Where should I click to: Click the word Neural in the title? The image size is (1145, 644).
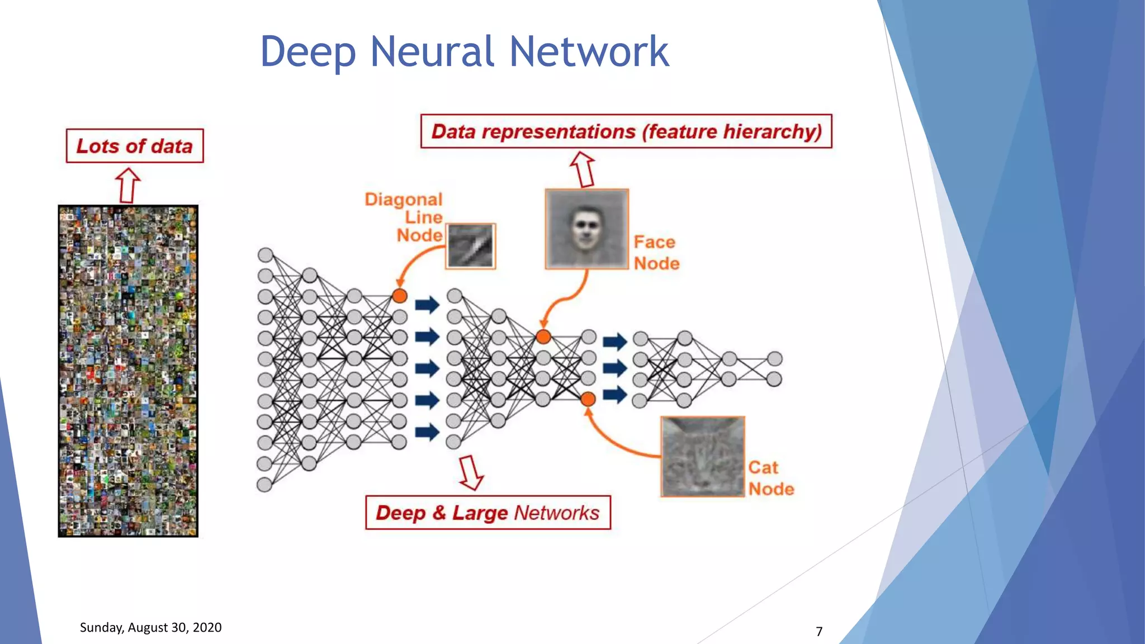click(x=432, y=51)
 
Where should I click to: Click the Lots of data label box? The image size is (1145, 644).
click(x=135, y=146)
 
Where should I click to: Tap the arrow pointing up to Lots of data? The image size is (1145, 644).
click(x=127, y=186)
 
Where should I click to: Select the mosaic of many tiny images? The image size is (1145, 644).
click(x=128, y=371)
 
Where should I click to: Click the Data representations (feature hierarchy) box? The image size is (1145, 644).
click(x=626, y=131)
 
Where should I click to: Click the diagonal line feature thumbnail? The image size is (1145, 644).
click(x=471, y=246)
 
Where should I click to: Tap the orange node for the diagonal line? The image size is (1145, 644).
click(x=399, y=296)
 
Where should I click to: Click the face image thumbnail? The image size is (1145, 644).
click(x=586, y=229)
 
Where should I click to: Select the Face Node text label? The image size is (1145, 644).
click(x=656, y=253)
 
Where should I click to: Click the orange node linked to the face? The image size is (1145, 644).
click(x=543, y=337)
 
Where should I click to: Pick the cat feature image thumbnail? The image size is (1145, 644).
click(x=702, y=456)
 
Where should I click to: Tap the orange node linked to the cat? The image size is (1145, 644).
click(x=588, y=399)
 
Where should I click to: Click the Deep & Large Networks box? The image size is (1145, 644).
click(x=488, y=512)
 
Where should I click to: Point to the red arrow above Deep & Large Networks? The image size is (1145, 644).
click(x=471, y=473)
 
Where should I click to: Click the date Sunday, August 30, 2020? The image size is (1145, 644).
click(x=150, y=627)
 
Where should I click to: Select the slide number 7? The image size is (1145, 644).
click(x=819, y=632)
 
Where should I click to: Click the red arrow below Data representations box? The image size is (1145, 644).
click(x=583, y=169)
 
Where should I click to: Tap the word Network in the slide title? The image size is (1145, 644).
click(x=589, y=51)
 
